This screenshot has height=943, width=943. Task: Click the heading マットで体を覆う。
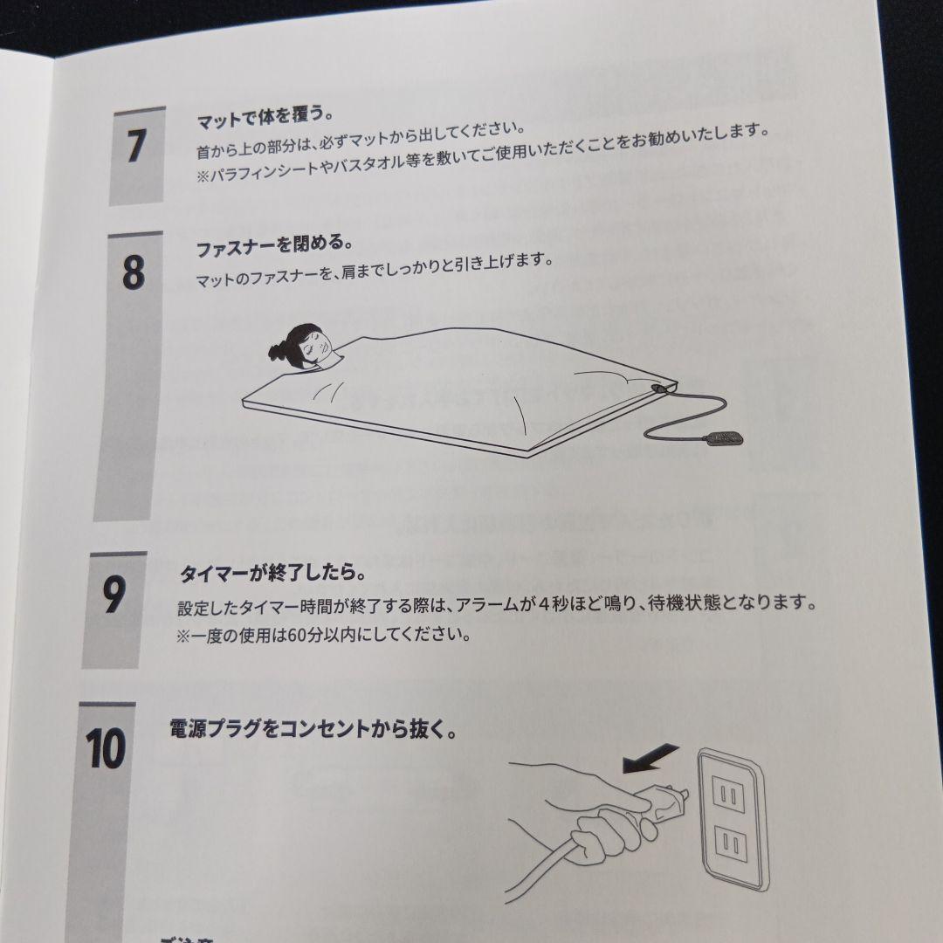click(264, 116)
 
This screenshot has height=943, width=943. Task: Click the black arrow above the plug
click(650, 757)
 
